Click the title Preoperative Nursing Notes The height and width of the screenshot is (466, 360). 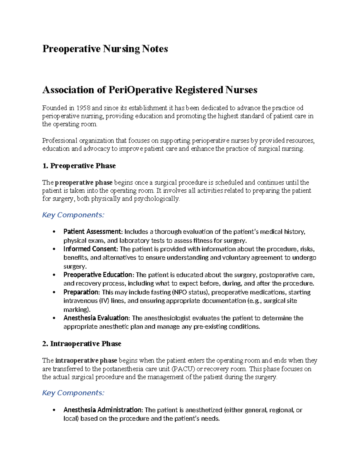point(105,49)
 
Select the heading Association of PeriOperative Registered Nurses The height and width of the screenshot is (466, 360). point(150,90)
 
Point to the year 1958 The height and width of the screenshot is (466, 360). point(83,108)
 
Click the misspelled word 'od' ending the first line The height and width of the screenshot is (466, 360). point(300,108)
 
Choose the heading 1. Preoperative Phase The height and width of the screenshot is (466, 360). point(79,166)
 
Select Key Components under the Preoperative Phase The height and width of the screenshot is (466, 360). point(73,215)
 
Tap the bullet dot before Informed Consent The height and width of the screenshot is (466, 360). point(54,249)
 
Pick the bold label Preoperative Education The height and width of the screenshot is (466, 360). point(98,275)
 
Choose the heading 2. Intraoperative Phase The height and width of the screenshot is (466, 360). point(82,344)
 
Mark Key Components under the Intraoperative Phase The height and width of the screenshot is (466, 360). point(73,393)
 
